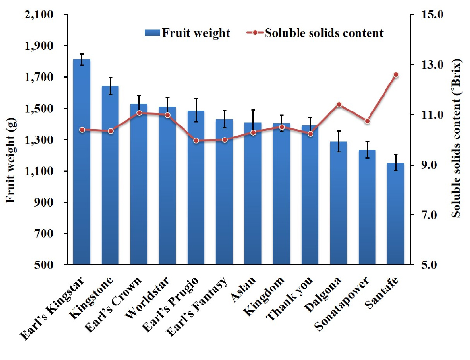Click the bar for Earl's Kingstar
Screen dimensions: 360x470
click(82, 164)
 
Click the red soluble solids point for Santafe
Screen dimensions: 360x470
click(396, 75)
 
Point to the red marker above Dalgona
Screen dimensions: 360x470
click(339, 105)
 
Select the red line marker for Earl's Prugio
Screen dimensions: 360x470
click(196, 141)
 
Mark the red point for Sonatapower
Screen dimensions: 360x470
click(367, 121)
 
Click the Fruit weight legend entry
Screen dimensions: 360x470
click(188, 33)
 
